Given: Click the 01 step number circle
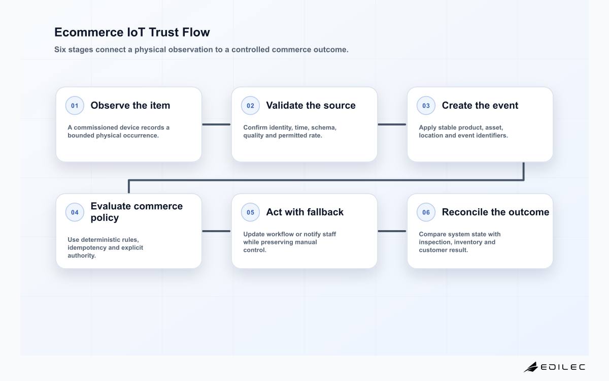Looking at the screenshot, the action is [75, 106].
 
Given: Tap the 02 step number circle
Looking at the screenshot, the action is [250, 106].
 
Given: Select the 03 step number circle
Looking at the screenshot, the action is [426, 106].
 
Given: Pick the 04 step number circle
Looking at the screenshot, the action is [75, 212].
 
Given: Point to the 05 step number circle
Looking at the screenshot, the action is [250, 212].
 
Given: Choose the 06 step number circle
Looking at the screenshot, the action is [426, 212].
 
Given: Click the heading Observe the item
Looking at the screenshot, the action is [130, 105].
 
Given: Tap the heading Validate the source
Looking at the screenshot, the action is [311, 105].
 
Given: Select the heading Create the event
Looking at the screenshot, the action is [480, 105].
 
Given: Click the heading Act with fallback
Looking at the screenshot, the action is [305, 212].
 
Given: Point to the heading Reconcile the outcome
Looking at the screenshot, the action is [495, 212].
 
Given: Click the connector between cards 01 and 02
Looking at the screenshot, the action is [216, 124].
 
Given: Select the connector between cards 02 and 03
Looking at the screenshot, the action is [392, 124].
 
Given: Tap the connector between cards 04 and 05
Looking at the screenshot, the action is [216, 231].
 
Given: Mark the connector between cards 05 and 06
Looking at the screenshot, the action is [392, 231].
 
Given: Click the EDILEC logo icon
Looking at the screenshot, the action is [531, 367].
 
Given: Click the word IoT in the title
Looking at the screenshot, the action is [136, 32].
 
